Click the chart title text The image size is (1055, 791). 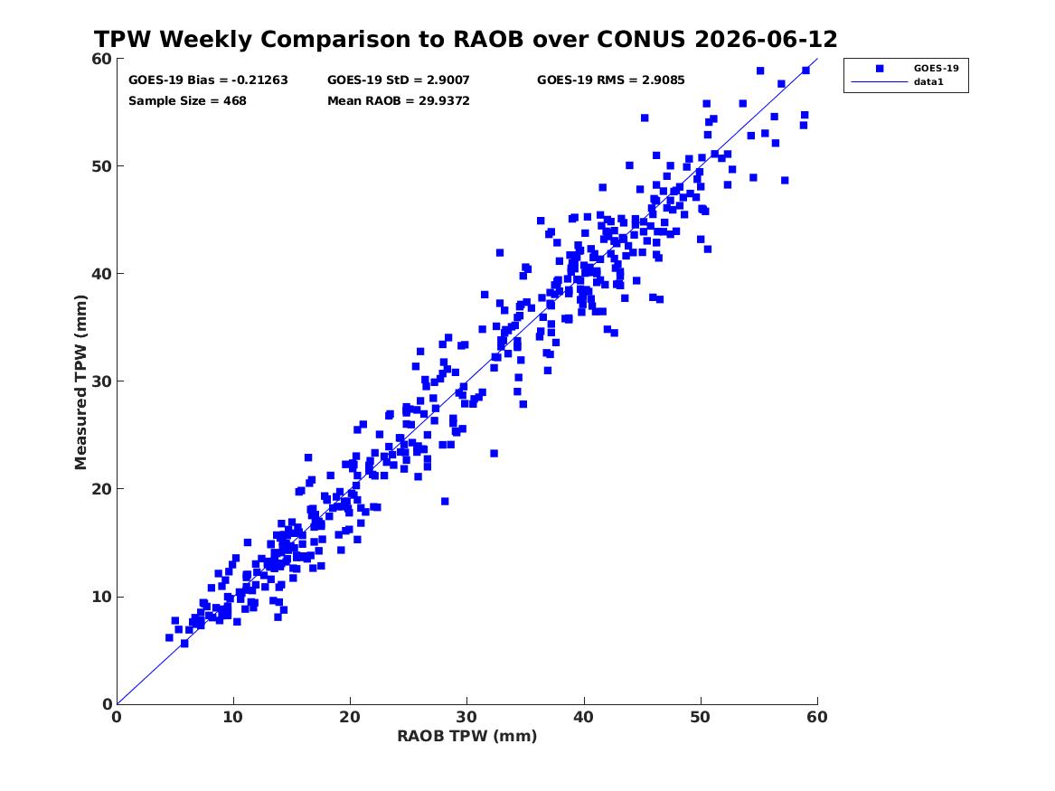click(466, 39)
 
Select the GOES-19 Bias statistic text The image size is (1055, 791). click(208, 80)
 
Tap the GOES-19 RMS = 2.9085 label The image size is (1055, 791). click(611, 80)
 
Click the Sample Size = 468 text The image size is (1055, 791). click(187, 101)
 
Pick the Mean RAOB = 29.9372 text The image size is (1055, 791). click(399, 101)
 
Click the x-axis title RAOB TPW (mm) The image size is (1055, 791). click(467, 736)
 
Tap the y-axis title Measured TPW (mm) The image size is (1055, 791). click(80, 382)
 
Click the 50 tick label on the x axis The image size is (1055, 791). click(701, 717)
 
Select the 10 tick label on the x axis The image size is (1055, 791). click(233, 717)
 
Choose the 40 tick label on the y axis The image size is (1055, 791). click(102, 274)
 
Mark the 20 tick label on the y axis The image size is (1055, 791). click(102, 489)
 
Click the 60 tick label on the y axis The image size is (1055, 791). click(102, 59)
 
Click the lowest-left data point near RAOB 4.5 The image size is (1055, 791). click(170, 637)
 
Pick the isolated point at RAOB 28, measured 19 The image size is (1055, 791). click(445, 501)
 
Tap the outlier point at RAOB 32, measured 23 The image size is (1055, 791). click(494, 453)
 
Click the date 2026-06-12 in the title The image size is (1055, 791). click(766, 39)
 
